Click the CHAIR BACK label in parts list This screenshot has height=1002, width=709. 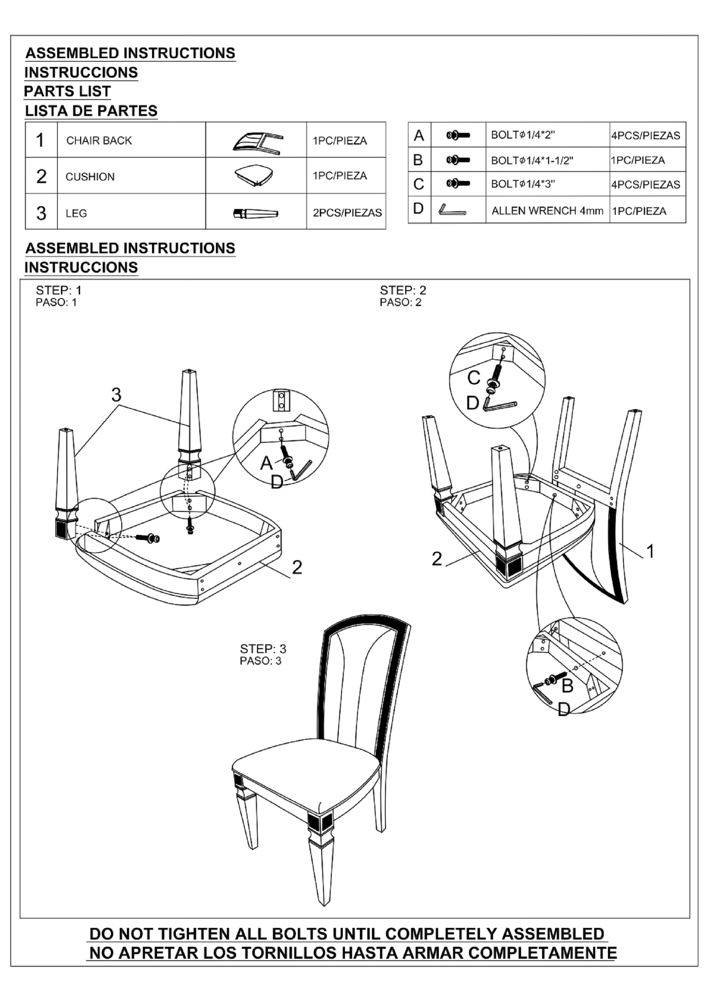point(99,141)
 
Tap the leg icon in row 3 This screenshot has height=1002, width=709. point(256,213)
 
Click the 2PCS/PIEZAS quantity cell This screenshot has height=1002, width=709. point(347,213)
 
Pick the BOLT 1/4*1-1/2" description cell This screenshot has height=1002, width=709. point(532,160)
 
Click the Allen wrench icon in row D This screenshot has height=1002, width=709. point(452,210)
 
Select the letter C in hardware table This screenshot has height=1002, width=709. point(418,184)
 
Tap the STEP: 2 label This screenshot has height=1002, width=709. point(403,290)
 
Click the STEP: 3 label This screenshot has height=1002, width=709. point(263,648)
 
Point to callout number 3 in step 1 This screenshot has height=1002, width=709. point(116,395)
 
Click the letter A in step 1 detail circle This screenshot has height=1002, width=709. point(266,463)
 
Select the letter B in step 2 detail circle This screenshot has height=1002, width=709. point(567,686)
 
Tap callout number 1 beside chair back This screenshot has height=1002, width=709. point(650,552)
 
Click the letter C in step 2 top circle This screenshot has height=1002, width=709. point(473,378)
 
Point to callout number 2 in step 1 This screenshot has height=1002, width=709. point(297,567)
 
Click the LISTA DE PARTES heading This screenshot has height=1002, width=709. point(91,111)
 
